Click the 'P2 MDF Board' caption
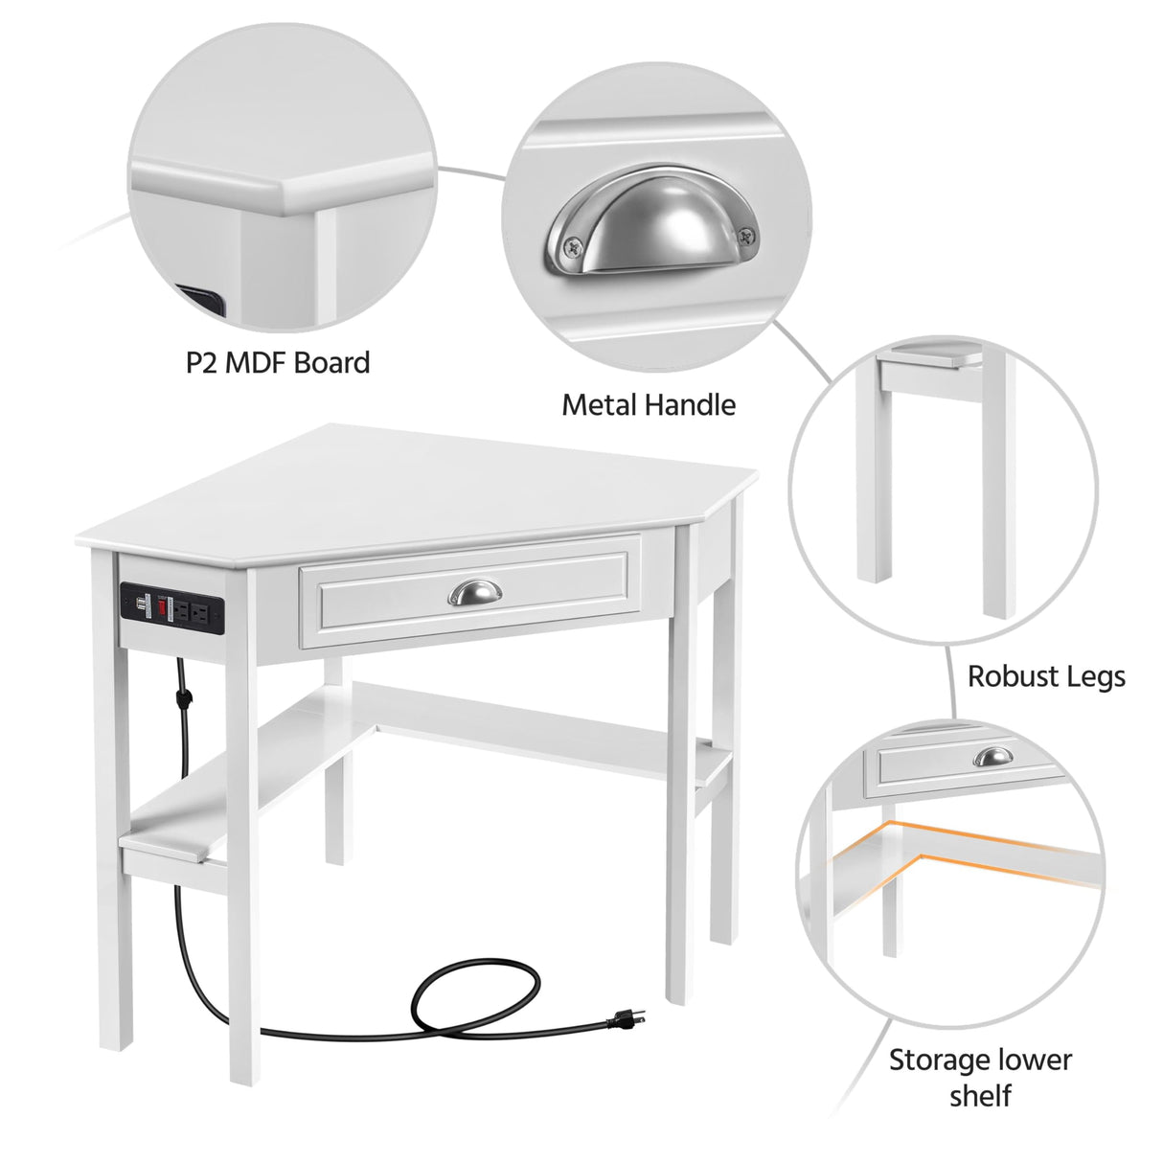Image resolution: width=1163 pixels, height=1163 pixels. coord(278,363)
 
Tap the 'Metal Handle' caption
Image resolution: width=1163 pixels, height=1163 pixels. coord(649,405)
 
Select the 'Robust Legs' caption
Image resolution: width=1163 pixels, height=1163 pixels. coord(1046,676)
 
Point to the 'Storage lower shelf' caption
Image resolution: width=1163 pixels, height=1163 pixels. coord(980,1076)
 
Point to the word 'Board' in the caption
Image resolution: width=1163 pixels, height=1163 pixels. coord(331,363)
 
